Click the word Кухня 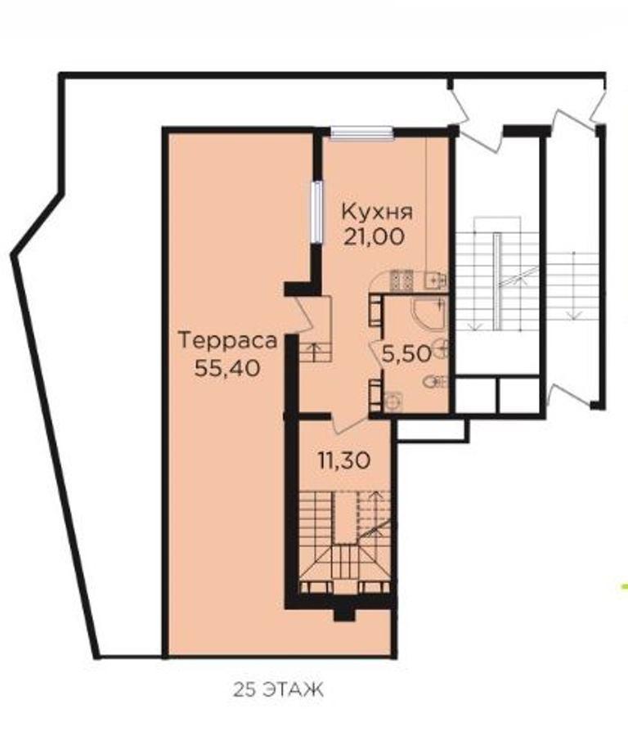point(377,213)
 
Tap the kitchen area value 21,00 point(374,236)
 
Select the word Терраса point(228,340)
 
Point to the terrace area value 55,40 point(227,368)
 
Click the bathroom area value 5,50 point(406,353)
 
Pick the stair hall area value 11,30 point(344,460)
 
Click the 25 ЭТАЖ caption point(278,690)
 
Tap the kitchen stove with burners point(401,280)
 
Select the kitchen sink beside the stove point(435,280)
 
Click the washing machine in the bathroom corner point(392,402)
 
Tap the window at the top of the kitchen point(361,133)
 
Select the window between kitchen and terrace point(317,212)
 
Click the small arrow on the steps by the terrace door point(315,348)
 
